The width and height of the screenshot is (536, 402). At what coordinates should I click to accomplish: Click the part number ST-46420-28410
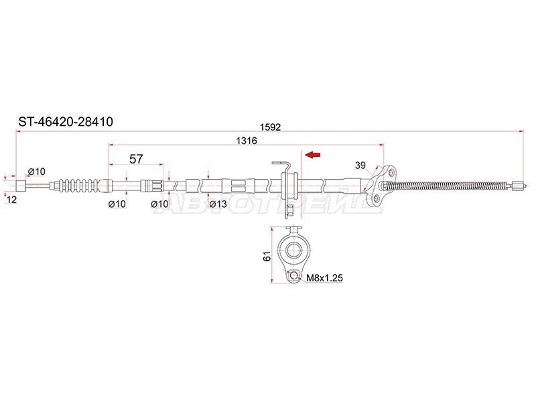click(66, 122)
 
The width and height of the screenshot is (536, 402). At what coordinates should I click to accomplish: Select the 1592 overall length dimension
click(270, 127)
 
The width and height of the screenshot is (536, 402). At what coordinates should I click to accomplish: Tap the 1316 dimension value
click(247, 141)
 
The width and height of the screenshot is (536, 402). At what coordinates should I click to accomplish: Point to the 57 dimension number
click(136, 159)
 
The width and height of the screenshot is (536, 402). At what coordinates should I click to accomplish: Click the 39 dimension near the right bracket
click(360, 165)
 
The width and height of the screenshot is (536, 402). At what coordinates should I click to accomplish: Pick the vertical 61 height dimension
click(267, 256)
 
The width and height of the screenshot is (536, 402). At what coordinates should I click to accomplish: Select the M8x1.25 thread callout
click(324, 278)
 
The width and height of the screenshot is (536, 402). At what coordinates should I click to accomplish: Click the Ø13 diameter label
click(218, 204)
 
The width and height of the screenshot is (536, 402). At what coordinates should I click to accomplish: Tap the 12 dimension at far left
click(11, 200)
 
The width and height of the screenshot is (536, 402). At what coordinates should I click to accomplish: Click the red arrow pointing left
click(313, 155)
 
